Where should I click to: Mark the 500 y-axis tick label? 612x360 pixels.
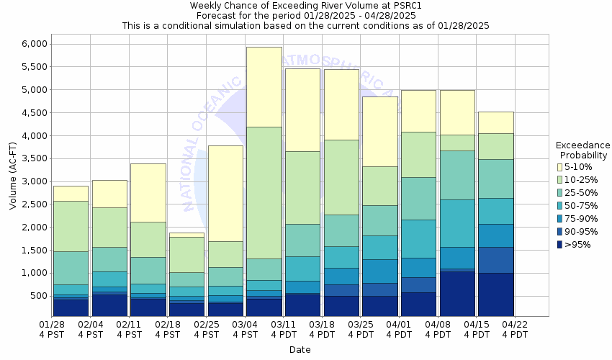[x=37, y=296]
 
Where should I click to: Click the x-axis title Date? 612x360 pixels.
[x=300, y=350]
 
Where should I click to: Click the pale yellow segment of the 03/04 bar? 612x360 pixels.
[x=264, y=86]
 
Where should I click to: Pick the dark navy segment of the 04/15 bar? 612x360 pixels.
[x=495, y=294]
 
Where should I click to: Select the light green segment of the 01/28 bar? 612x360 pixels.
[x=71, y=226]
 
